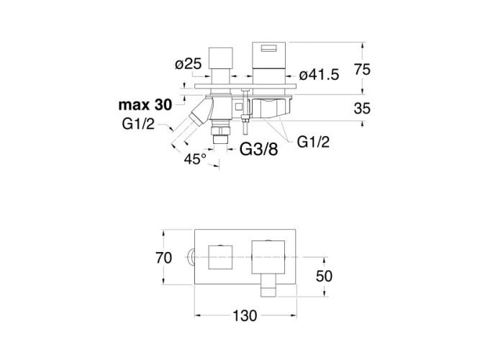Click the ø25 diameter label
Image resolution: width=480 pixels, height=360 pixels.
tap(188, 63)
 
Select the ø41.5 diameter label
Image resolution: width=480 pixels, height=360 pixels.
tap(318, 73)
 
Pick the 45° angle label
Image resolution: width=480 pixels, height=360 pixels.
tap(196, 158)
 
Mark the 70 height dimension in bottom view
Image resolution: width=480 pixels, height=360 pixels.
tap(164, 258)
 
